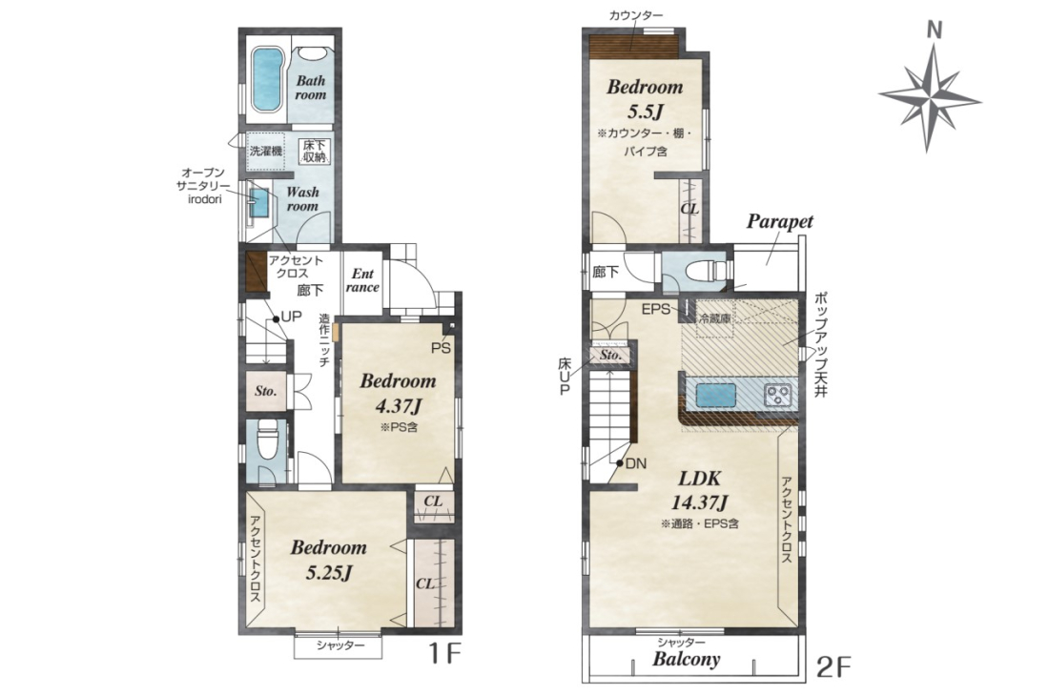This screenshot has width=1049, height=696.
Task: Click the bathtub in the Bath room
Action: [268, 80]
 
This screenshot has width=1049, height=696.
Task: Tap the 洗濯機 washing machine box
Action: [266, 151]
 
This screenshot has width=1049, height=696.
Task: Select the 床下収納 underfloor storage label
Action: [313, 151]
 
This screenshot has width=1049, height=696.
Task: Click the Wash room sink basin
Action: [258, 200]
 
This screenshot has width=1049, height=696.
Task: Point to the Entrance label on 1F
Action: [362, 280]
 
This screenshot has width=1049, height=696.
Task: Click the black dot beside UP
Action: [275, 319]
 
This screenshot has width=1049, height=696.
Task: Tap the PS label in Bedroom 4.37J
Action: [441, 348]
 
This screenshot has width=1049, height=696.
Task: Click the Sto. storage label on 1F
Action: [266, 391]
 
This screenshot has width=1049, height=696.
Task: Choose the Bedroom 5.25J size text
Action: [328, 572]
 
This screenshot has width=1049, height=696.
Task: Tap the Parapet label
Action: [779, 221]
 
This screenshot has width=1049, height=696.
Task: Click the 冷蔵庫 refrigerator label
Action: [715, 318]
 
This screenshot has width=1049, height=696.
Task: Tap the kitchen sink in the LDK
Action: [716, 395]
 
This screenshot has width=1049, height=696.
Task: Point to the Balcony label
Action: [687, 659]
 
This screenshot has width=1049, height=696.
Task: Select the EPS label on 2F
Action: [655, 309]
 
